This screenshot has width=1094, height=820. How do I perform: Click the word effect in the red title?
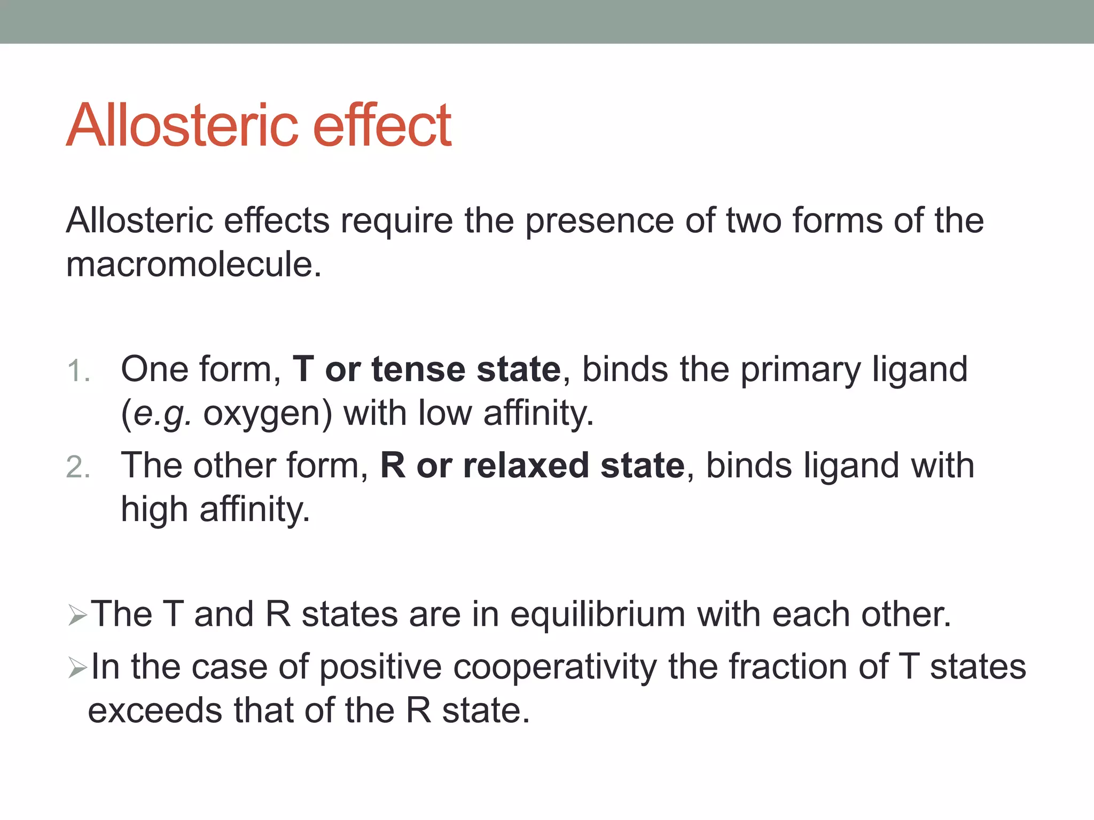(382, 125)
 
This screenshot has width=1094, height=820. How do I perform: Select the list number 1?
(78, 371)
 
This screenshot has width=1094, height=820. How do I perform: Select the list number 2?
(78, 468)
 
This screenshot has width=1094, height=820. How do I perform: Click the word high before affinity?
(154, 509)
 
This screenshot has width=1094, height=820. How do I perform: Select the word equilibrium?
(598, 614)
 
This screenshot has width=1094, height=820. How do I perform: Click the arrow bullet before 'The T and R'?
(78, 616)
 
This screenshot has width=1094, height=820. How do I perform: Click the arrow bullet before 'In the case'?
(78, 668)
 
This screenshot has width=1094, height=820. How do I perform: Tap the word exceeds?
(155, 711)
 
